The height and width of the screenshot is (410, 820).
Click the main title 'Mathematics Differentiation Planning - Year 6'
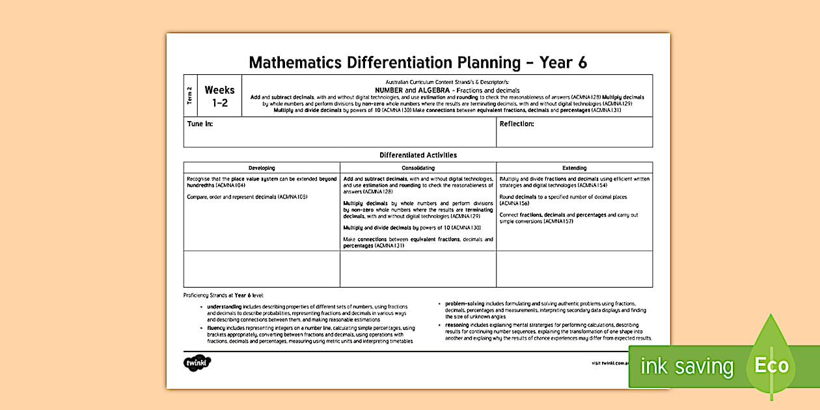coord(418,62)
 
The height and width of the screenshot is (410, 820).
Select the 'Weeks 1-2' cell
coord(219,96)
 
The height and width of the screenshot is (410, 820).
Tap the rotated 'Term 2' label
coord(190,96)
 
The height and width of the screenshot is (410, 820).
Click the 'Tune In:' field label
coord(200,124)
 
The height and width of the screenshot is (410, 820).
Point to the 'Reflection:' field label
coord(517,124)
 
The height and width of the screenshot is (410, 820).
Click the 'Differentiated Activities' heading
coord(418,156)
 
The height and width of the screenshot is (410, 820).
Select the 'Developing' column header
coord(262,168)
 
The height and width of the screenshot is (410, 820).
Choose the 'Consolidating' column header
coord(418,168)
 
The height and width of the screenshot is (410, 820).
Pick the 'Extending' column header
coord(574,168)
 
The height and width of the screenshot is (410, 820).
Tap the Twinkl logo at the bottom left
coord(197,363)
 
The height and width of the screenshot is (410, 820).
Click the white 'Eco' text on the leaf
coord(771,365)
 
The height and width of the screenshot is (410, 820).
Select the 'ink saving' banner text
coord(687,366)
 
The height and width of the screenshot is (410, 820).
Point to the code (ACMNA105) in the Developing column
coord(292,197)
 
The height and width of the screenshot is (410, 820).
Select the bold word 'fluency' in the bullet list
coord(217,329)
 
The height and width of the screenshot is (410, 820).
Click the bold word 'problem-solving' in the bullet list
coord(464,303)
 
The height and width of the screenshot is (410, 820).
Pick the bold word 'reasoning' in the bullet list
coord(458,325)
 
